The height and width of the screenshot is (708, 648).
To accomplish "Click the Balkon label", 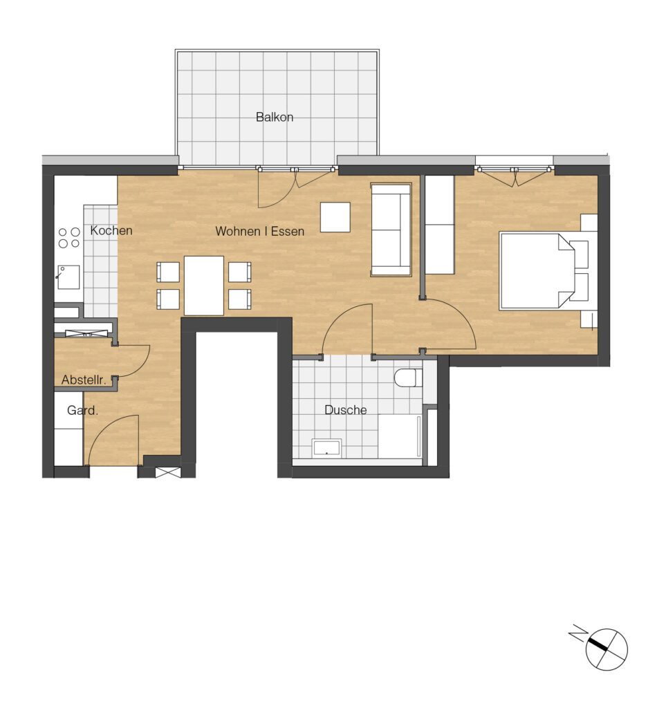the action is point(274,117).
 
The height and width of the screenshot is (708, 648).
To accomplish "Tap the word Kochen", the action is point(111,230).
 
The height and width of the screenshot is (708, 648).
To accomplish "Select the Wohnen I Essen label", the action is point(259,231).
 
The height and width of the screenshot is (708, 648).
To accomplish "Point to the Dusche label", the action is point(346,410).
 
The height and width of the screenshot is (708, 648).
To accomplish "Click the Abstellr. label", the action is point(84,380).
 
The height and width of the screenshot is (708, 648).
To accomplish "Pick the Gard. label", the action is point(82,411).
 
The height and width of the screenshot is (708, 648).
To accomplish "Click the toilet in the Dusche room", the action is point(408,378).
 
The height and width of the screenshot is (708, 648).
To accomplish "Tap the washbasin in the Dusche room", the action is point(327,447).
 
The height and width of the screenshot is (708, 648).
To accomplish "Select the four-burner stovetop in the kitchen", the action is point(69,238).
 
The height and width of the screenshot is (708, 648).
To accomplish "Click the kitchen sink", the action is point(68,277).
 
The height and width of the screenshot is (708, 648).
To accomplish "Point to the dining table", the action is point(203,286).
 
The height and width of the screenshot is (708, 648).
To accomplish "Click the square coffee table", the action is point(335,217).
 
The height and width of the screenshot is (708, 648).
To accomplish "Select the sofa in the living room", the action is point(391,230).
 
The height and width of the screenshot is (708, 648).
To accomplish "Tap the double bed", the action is point(544,271).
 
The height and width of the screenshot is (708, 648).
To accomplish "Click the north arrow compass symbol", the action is point(607,649).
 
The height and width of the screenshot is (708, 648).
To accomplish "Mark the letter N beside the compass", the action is point(577,633).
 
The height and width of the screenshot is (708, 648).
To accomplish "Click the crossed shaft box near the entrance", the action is point(168,472).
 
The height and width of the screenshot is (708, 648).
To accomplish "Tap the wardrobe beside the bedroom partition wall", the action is point(440,225).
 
